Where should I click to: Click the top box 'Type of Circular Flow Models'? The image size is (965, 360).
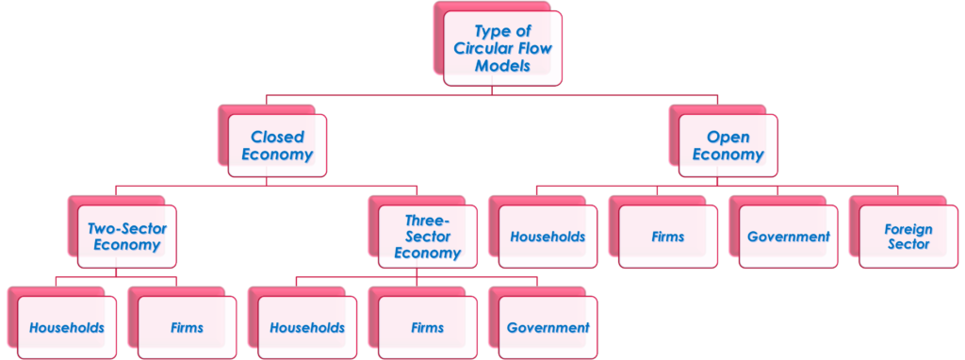[x=502, y=49]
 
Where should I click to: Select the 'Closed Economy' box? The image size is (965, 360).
[x=276, y=145]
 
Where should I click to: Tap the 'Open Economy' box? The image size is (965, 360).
[x=727, y=145]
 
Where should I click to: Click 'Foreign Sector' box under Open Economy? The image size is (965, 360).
[x=908, y=237]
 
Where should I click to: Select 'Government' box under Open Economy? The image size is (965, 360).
[x=787, y=237]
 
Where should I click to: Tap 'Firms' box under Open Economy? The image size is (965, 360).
[x=667, y=237]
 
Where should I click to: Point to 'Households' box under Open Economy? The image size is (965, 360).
[x=548, y=237]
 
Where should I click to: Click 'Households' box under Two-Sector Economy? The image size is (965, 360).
[x=66, y=328]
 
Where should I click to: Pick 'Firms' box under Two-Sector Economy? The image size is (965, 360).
[x=187, y=328]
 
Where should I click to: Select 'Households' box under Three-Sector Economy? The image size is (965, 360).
[x=306, y=328]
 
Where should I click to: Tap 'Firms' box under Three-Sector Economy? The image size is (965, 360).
[x=427, y=328]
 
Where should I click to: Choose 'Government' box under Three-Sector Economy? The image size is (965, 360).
[x=548, y=328]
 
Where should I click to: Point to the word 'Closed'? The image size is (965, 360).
[x=276, y=137]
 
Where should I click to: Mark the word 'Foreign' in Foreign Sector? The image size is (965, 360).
[x=908, y=229]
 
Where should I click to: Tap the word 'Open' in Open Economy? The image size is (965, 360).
[x=727, y=137]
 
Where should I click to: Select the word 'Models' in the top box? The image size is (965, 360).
[x=502, y=66]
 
